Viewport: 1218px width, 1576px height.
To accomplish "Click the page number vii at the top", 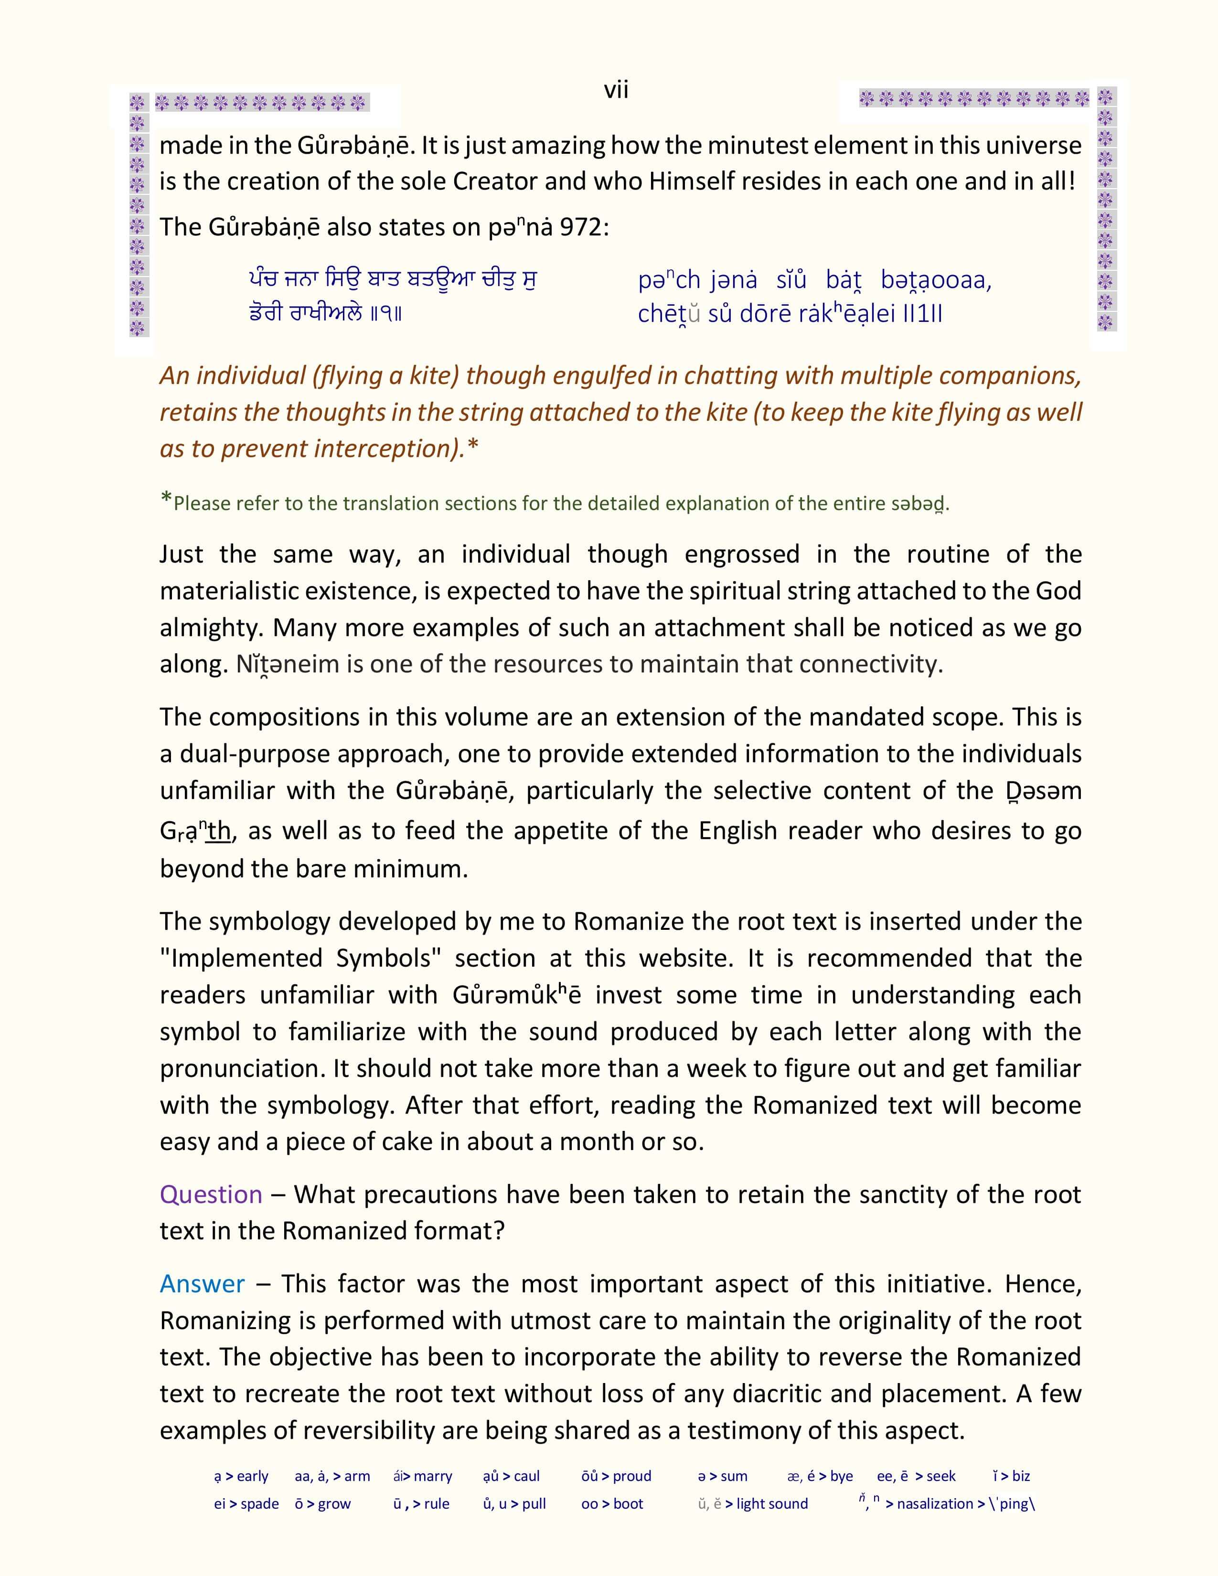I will (616, 90).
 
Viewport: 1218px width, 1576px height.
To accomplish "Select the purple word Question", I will (211, 1195).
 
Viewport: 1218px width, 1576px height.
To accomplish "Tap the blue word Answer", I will (202, 1284).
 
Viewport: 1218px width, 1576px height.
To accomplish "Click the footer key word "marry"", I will (433, 1476).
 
